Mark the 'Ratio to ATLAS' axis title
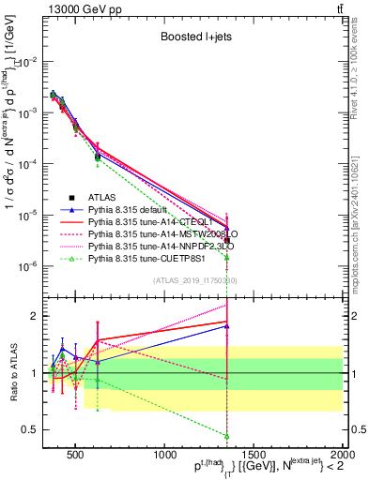(12, 373)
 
